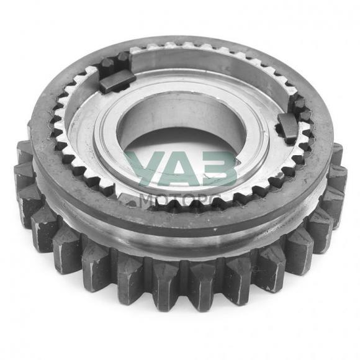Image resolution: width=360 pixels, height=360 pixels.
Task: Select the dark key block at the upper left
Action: click(117, 81)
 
